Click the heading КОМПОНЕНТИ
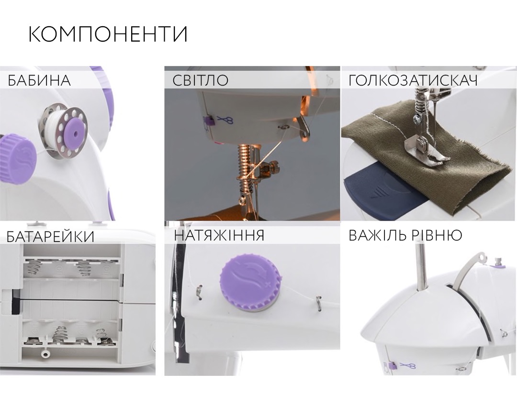(x=108, y=33)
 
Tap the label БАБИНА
(x=39, y=80)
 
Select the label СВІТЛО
(x=201, y=80)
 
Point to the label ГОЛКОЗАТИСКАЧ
(x=413, y=80)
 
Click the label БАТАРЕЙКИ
(x=50, y=237)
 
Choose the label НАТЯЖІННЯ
(x=219, y=236)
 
